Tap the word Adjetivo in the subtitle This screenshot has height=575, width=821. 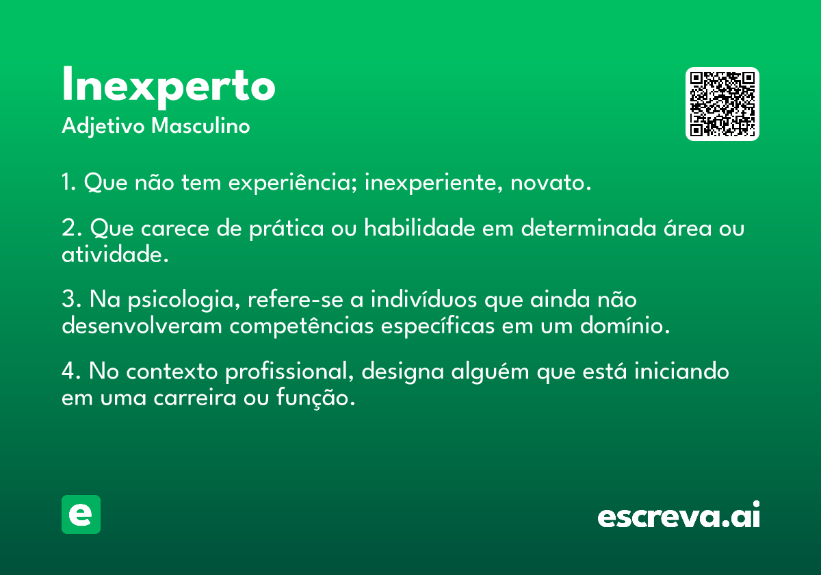[x=103, y=127]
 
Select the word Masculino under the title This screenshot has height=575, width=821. [x=200, y=126]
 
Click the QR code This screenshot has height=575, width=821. [x=722, y=104]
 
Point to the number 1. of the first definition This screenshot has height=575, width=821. [x=68, y=182]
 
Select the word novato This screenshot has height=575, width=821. [x=551, y=183]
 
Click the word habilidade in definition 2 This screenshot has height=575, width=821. [x=419, y=228]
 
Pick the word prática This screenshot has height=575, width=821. [x=287, y=229]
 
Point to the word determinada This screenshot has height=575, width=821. [x=588, y=228]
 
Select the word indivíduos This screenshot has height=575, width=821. [x=423, y=299]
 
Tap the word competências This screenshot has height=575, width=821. [x=301, y=326]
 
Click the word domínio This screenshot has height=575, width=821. [x=625, y=325]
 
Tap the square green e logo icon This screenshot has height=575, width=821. [x=81, y=514]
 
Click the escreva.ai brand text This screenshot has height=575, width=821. [x=679, y=514]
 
